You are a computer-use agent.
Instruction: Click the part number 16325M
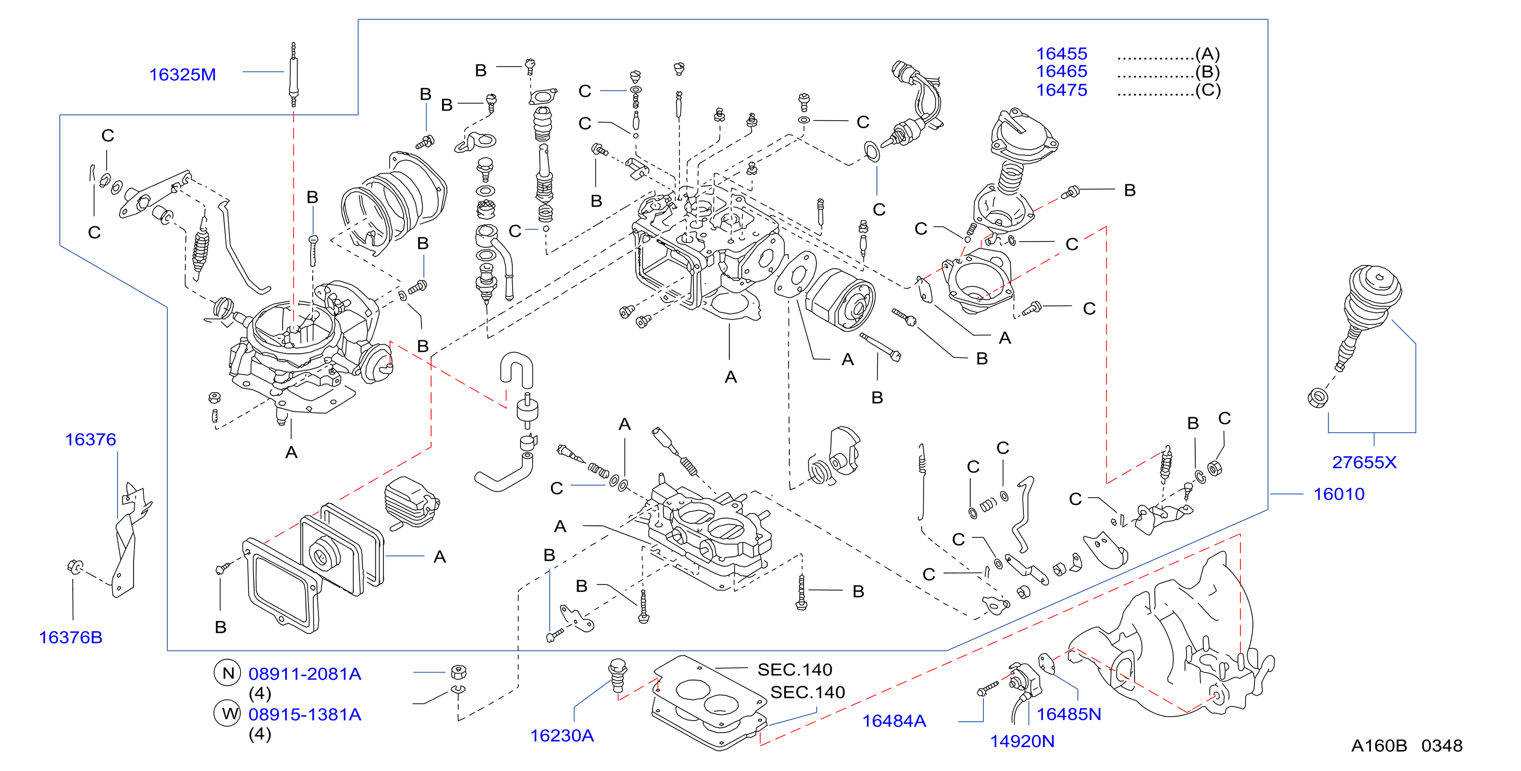click(x=182, y=75)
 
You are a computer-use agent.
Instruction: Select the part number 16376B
click(x=71, y=637)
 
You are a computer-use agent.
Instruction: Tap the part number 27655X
click(x=1365, y=462)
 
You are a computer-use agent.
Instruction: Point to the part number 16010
click(x=1339, y=494)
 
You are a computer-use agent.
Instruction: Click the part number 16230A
click(x=562, y=736)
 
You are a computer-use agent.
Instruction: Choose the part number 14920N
click(x=1022, y=741)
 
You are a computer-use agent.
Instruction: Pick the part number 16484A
click(x=894, y=721)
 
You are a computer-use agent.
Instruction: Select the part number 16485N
click(x=1069, y=714)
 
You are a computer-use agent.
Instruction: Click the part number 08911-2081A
click(x=305, y=674)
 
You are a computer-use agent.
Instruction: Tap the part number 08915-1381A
click(x=305, y=714)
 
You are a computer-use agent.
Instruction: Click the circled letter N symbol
click(x=228, y=673)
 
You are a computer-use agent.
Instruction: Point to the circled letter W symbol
click(x=228, y=714)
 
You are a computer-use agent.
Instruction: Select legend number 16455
click(x=1062, y=54)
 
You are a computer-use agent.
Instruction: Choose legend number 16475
click(x=1062, y=90)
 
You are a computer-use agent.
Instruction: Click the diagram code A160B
click(x=1379, y=746)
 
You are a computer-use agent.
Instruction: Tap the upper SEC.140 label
click(x=795, y=670)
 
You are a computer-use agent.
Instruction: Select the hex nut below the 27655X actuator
click(x=1318, y=397)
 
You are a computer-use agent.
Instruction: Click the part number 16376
click(x=90, y=440)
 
